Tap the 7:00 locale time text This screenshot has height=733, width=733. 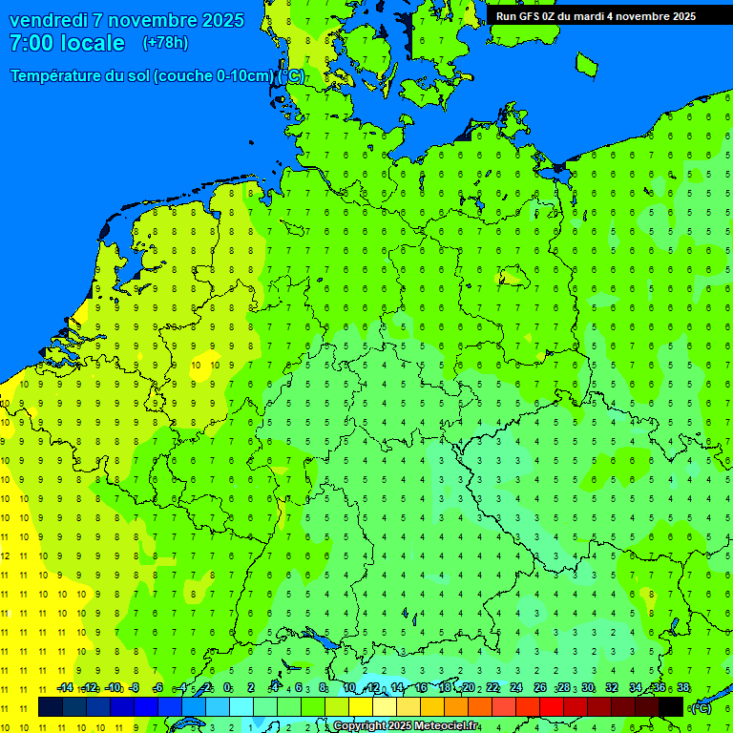pyautogui.click(x=67, y=43)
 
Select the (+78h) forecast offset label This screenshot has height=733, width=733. pyautogui.click(x=165, y=43)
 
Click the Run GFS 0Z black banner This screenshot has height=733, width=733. pyautogui.click(x=596, y=16)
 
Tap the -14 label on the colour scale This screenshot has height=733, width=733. pyautogui.click(x=65, y=688)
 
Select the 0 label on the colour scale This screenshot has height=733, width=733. pyautogui.click(x=226, y=688)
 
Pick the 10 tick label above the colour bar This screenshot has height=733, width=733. pyautogui.click(x=349, y=688)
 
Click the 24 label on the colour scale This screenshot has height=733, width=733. pyautogui.click(x=515, y=688)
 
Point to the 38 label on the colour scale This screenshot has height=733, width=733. pyautogui.click(x=682, y=688)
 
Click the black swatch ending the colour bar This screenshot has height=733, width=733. pyautogui.click(x=671, y=706)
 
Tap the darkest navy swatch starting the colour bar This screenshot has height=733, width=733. pyautogui.click(x=51, y=706)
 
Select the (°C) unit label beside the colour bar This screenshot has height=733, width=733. pyautogui.click(x=701, y=707)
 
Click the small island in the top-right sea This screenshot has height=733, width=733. pyautogui.click(x=586, y=64)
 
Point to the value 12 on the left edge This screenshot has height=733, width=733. pyautogui.click(x=5, y=555)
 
